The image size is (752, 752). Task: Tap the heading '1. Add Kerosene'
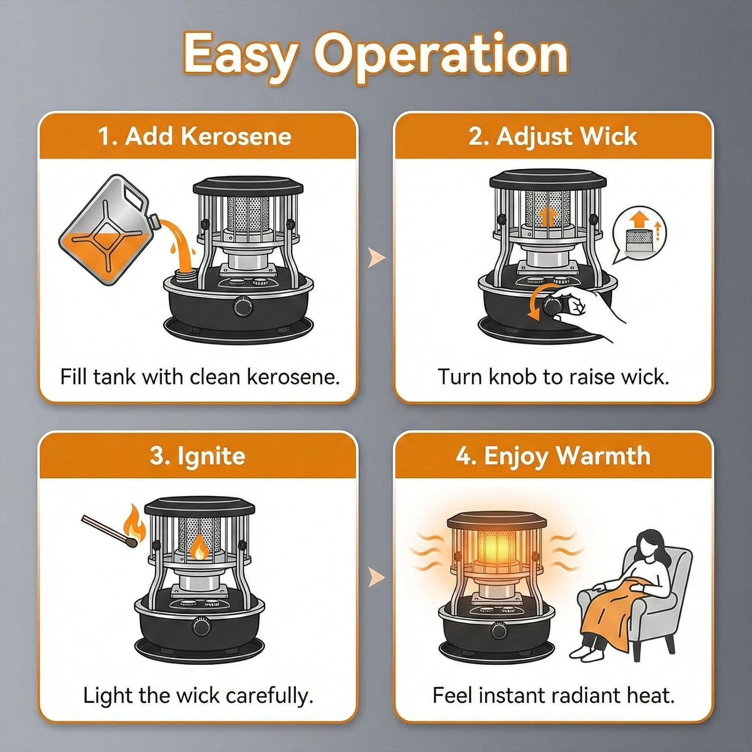195,136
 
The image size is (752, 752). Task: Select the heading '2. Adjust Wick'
553,136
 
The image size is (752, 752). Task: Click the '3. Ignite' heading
198,456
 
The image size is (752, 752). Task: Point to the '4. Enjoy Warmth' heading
553,456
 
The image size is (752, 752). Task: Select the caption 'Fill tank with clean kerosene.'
200,376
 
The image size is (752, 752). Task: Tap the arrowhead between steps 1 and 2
377,258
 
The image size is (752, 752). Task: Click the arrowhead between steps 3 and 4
377,577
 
